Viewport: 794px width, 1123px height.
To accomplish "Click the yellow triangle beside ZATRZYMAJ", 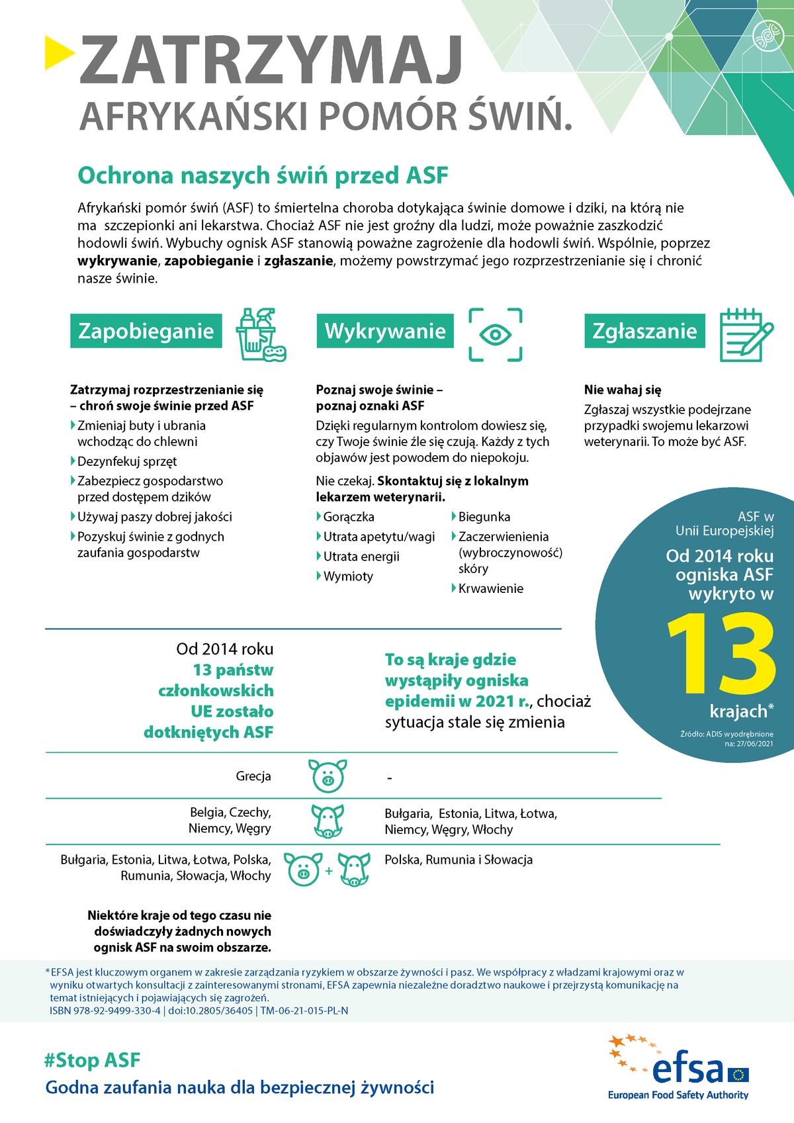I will click(59, 52).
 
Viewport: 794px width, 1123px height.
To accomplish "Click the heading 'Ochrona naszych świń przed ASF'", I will click(263, 175).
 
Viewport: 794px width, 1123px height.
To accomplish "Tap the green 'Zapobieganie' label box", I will click(146, 331).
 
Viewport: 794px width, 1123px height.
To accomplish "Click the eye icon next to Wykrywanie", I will click(495, 334).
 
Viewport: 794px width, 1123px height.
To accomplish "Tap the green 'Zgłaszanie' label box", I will click(644, 331).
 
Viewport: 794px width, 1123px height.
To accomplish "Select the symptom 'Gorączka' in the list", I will click(349, 517).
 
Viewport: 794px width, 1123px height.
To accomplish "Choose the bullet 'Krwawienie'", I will click(490, 588).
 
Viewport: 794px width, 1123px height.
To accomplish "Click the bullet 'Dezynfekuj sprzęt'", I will click(127, 461).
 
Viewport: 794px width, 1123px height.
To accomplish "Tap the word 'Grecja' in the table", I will click(253, 776).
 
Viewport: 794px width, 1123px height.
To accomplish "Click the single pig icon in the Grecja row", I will click(328, 776).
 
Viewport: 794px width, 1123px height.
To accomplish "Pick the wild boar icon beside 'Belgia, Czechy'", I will click(328, 821).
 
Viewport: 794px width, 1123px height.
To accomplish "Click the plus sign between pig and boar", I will click(329, 871).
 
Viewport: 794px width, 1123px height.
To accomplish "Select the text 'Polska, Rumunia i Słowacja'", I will click(459, 860).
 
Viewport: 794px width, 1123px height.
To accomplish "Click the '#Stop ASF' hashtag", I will click(92, 1060).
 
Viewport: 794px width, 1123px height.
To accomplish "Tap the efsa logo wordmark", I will click(688, 1069).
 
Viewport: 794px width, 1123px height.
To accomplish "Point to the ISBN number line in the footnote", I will click(198, 1011).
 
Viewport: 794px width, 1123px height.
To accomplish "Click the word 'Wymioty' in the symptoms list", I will click(348, 576).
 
